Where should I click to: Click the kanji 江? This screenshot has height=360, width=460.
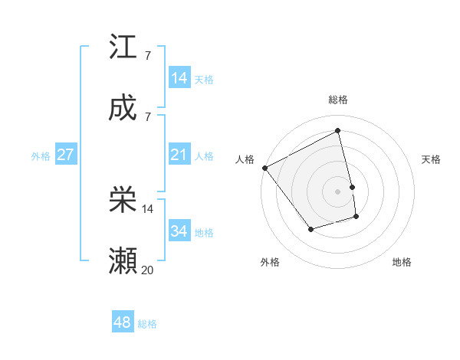[123, 47]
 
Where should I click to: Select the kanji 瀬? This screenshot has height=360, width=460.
[123, 261]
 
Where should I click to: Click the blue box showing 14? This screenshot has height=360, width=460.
[179, 78]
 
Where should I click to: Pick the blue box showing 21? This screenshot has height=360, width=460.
[179, 155]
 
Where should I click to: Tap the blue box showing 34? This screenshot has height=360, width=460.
[179, 231]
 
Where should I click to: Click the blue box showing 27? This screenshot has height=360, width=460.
[65, 155]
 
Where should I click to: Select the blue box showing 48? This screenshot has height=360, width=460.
[123, 322]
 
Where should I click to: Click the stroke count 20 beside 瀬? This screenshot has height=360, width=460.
[148, 270]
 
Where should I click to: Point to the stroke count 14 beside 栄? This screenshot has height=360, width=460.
[148, 208]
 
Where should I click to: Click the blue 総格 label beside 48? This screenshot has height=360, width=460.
[147, 324]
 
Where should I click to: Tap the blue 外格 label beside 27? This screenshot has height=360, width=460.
[41, 155]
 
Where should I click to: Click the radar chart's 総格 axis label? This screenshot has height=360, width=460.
[338, 100]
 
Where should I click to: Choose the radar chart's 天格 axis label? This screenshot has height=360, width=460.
[432, 159]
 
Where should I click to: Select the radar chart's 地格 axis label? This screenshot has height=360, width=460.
[402, 262]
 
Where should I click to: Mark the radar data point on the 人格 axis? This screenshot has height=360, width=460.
[264, 168]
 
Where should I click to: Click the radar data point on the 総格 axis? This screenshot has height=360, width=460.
[338, 131]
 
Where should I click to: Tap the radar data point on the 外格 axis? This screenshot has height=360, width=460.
[310, 229]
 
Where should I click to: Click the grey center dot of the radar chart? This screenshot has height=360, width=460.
[338, 191]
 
